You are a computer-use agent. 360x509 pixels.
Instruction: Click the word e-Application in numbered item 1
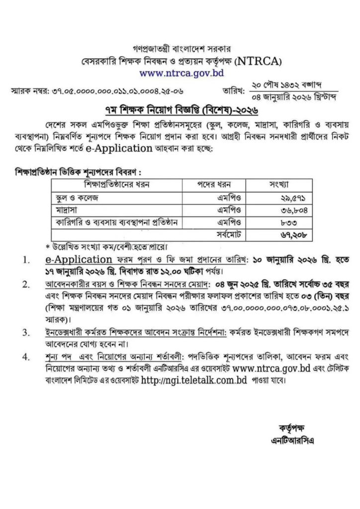78,259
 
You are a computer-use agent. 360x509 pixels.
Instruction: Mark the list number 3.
26,332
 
